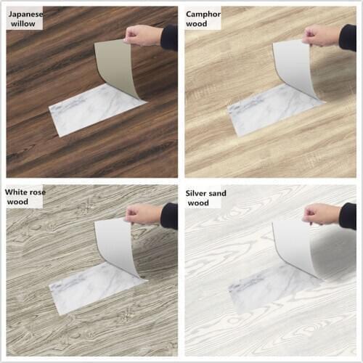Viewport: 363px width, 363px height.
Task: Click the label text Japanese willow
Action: tap(25, 18)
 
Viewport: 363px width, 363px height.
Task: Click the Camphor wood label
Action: tap(203, 18)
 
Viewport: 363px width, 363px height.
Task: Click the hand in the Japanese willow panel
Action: tap(144, 34)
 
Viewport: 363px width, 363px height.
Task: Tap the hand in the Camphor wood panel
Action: tap(322, 34)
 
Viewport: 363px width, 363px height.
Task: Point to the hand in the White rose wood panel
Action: tap(143, 213)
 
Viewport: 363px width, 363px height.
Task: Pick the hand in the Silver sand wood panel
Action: tap(322, 213)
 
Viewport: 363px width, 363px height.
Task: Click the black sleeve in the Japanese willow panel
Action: tap(170, 37)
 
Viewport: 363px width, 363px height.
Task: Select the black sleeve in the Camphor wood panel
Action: tap(348, 37)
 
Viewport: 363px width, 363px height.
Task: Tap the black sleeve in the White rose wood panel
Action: tap(170, 216)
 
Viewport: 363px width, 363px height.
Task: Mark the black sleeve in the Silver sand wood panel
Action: tap(348, 216)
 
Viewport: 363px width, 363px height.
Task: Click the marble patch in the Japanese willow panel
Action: tap(87, 110)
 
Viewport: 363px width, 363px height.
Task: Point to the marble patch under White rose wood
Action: tap(87, 289)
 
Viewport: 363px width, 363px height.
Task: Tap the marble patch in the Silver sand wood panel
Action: tap(265, 289)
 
